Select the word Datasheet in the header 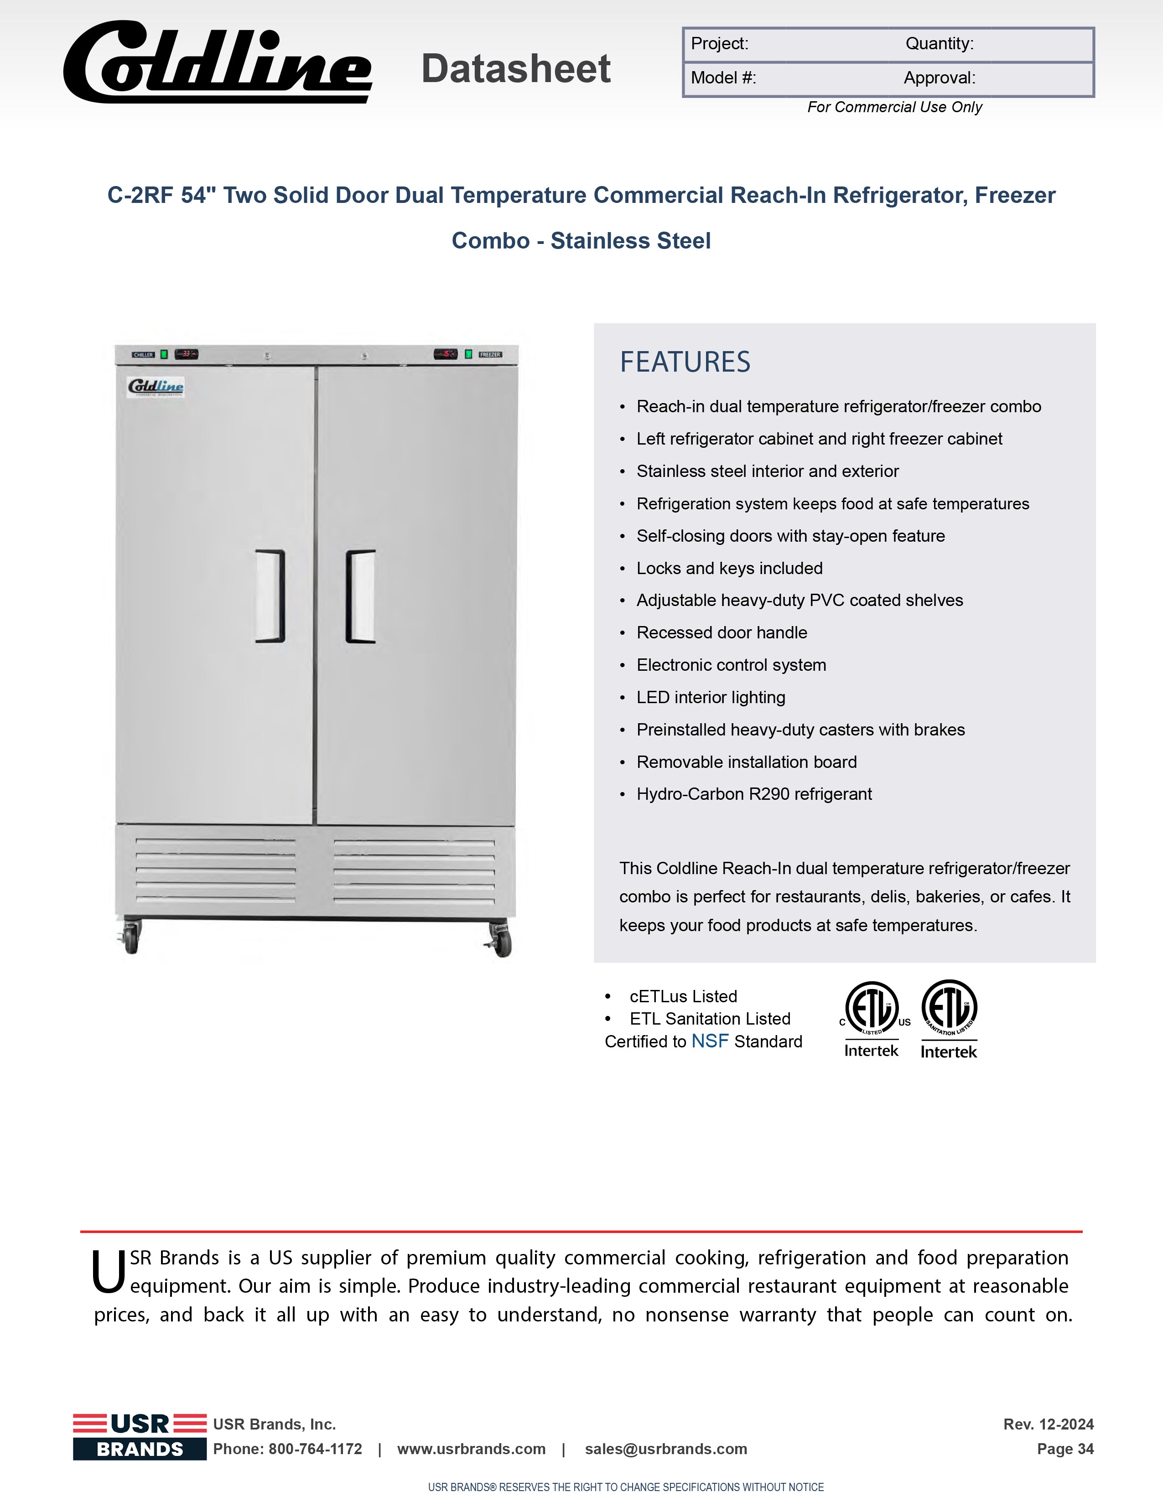pyautogui.click(x=516, y=69)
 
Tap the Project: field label pyautogui.click(x=719, y=44)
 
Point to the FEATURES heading pyautogui.click(x=685, y=362)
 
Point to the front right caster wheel pyautogui.click(x=501, y=941)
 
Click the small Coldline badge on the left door pyautogui.click(x=156, y=387)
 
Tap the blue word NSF pyautogui.click(x=710, y=1041)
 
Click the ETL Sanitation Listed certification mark pyautogui.click(x=949, y=1019)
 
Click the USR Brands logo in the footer pyautogui.click(x=140, y=1436)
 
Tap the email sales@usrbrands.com pyautogui.click(x=666, y=1449)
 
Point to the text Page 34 pyautogui.click(x=1065, y=1449)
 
